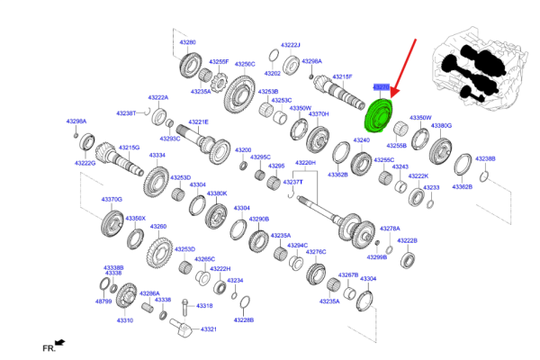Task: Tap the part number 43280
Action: tap(185, 42)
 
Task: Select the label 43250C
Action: tap(245, 64)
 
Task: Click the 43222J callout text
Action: tap(290, 44)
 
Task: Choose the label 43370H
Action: tap(319, 114)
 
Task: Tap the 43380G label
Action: tap(441, 126)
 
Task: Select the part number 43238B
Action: tap(484, 159)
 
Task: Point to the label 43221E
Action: tap(198, 121)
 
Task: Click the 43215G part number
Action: tap(129, 147)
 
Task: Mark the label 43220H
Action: tap(306, 163)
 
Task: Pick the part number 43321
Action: tap(208, 329)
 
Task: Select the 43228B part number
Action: tap(243, 319)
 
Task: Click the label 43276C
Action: tap(315, 252)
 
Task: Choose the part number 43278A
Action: tap(390, 229)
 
